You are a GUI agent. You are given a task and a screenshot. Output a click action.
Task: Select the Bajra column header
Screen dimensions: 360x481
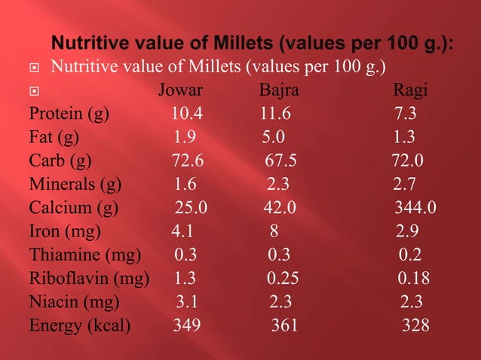coord(279,92)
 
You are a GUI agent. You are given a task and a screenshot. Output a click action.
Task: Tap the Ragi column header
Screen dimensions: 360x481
coord(411,92)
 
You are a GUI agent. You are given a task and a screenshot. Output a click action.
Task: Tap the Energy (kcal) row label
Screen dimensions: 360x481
coord(80,326)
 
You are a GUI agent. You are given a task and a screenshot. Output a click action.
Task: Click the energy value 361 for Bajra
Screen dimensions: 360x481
coord(284,326)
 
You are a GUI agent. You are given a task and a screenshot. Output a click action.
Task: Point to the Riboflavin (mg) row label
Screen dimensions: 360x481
coord(89,279)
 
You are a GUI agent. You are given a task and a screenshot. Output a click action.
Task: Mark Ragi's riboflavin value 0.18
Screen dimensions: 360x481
coord(414,279)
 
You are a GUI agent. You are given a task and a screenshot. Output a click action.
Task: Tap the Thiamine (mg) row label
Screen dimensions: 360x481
coord(84,256)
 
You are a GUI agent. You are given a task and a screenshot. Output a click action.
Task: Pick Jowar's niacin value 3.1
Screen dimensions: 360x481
coord(188,303)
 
